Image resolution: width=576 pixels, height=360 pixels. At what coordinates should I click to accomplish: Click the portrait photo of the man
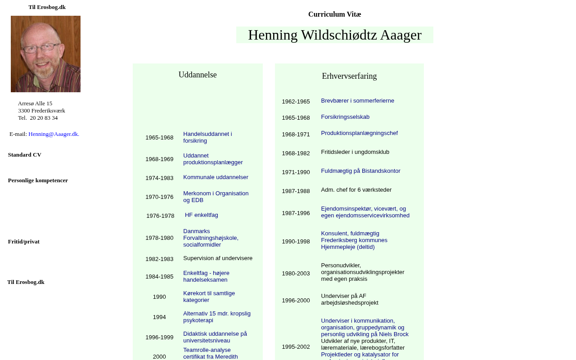[45, 54]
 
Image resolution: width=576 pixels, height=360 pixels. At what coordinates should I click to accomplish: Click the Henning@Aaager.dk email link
[54, 134]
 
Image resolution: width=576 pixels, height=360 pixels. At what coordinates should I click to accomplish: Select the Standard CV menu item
[25, 155]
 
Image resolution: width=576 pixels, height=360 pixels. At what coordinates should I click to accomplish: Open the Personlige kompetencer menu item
[38, 180]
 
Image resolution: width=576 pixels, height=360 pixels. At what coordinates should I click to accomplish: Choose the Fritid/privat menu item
[24, 242]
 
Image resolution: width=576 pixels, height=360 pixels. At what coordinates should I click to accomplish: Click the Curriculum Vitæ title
[334, 14]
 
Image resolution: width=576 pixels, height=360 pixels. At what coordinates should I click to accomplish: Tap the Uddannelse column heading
[198, 75]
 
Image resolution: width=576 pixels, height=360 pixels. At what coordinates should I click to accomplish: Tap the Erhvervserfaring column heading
[349, 76]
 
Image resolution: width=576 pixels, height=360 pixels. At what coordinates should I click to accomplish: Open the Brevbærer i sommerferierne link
[357, 101]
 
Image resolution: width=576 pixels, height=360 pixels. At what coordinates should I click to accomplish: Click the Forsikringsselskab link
[345, 117]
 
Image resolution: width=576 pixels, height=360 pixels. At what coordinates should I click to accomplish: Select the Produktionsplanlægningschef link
[359, 133]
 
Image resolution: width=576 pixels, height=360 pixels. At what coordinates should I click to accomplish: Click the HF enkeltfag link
[201, 215]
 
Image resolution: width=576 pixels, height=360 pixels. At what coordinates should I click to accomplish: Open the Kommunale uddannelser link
[216, 177]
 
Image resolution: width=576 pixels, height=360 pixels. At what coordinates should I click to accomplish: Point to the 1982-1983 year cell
[159, 259]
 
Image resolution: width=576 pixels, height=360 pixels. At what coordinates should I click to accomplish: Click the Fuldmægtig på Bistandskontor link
[360, 171]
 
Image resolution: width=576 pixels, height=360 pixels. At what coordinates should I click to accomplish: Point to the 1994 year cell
[159, 317]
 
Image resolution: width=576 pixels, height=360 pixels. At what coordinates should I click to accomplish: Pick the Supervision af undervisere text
[218, 258]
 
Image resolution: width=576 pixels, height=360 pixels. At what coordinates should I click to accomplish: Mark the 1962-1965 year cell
[296, 102]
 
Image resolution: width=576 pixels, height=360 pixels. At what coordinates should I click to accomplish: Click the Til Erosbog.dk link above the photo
[47, 7]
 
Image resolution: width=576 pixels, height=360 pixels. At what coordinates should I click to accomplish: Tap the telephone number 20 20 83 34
[44, 118]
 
